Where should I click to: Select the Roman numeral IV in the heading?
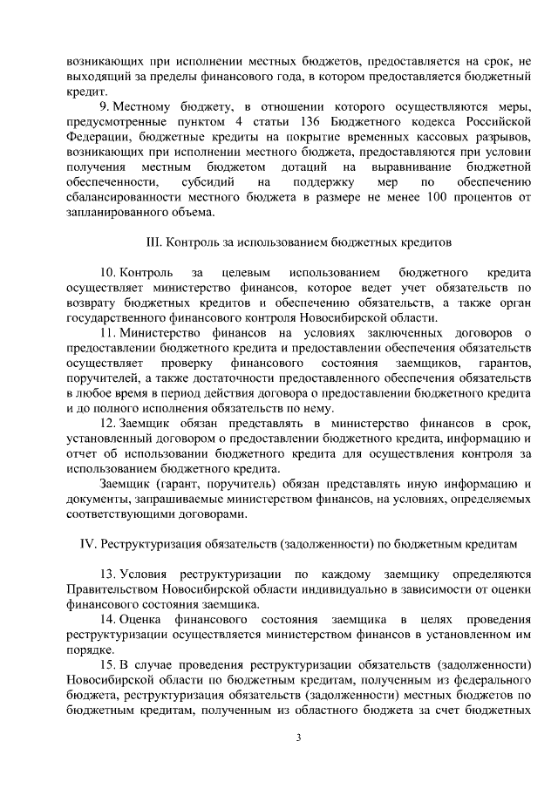coord(86,543)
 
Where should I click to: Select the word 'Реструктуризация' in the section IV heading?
coord(149,543)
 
